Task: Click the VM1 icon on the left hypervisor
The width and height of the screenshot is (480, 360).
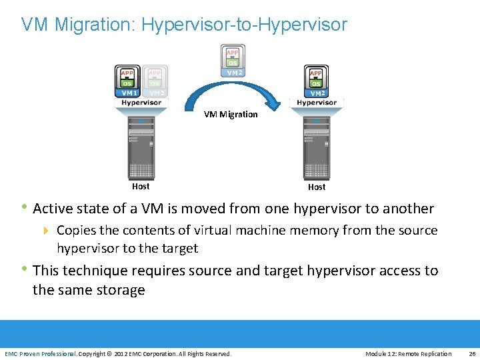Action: [x=127, y=81]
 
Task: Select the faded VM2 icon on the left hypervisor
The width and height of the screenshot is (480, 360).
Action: [x=155, y=81]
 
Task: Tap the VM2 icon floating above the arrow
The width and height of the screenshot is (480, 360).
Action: [x=233, y=61]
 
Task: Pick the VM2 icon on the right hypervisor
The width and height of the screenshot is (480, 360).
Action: [x=316, y=81]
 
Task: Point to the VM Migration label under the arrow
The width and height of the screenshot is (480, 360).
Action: [x=231, y=114]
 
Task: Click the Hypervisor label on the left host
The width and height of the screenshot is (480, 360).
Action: [x=141, y=103]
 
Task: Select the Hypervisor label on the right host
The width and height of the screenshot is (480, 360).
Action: [x=317, y=103]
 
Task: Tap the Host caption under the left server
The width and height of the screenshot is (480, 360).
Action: [x=141, y=187]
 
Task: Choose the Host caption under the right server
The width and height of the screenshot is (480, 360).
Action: [x=317, y=187]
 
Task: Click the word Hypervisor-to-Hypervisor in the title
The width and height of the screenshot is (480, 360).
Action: [x=244, y=25]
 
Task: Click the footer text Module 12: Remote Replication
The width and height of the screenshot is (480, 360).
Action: [x=408, y=353]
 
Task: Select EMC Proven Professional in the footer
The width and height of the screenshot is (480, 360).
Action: [x=40, y=353]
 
